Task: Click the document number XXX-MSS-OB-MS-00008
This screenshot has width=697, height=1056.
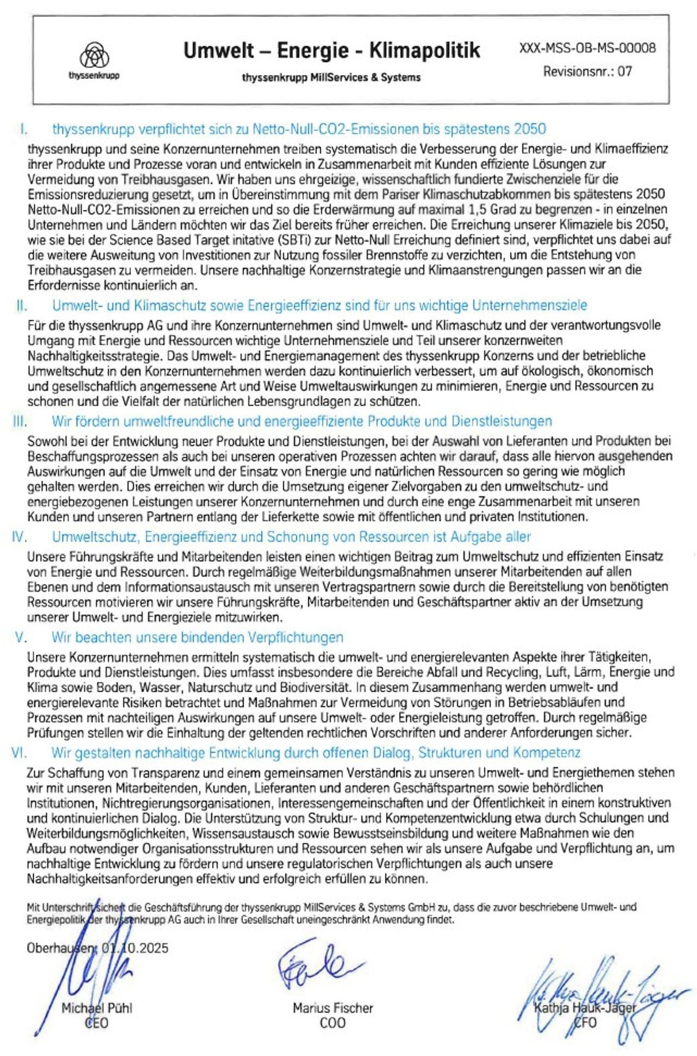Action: [x=588, y=48]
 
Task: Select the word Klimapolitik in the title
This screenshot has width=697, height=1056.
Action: [x=425, y=51]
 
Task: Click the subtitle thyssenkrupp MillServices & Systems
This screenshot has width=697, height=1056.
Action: [x=331, y=77]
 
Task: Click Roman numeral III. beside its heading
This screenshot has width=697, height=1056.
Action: [x=20, y=421]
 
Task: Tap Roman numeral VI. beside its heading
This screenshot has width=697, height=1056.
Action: [x=19, y=753]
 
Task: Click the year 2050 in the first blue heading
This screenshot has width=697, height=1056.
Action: [x=529, y=129]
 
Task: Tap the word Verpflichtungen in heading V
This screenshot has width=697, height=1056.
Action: [x=296, y=637]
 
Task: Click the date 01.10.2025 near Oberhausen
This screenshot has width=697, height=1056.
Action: [x=135, y=948]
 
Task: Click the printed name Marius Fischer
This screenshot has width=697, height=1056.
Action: [x=333, y=1008]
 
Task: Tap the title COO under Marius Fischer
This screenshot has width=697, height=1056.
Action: [x=332, y=1023]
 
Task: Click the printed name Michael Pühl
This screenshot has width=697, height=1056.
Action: [x=96, y=1008]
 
